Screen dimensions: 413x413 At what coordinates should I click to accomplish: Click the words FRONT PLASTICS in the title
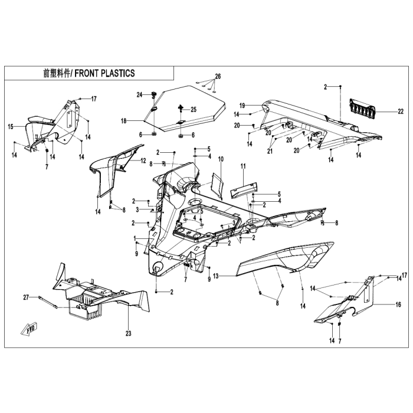coord(104,73)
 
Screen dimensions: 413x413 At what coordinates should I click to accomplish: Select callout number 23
coord(128,333)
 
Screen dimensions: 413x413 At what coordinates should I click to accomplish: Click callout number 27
coord(26,297)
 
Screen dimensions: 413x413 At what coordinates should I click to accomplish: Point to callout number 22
coord(401,112)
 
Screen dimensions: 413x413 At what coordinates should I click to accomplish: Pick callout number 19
coord(242,106)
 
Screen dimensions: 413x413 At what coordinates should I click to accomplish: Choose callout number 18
coord(124,121)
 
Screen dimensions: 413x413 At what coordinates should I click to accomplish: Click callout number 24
coord(139,94)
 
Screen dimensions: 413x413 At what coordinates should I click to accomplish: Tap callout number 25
coord(194,109)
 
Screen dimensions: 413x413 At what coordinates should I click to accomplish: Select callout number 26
coord(218,76)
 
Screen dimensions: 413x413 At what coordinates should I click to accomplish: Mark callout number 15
coord(11,127)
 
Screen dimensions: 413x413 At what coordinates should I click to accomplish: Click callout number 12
coord(143,160)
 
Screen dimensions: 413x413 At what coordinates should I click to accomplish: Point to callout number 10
coord(221,159)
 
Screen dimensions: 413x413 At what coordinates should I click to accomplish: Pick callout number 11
coord(243,166)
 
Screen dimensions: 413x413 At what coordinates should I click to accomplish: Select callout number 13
coord(216,276)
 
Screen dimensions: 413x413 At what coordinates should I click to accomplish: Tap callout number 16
coord(398,304)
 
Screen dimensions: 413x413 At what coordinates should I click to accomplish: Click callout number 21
coord(270,152)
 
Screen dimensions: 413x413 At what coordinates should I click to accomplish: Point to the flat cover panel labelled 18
coord(186,108)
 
